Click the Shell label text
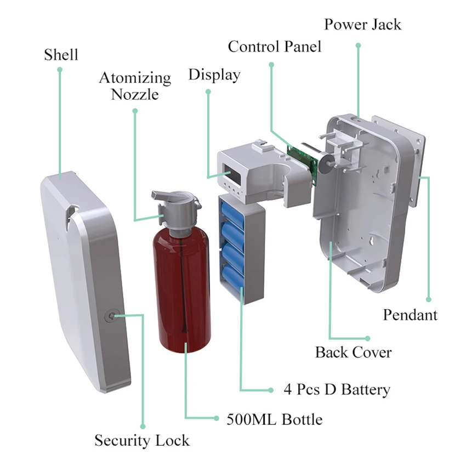pos(61,55)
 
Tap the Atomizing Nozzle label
pos(135,86)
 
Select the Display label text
pos(214,75)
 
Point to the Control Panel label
pos(275,46)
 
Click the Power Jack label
pos(362,24)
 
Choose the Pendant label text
pos(410,315)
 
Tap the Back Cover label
pos(353,351)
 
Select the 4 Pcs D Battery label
pos(337,390)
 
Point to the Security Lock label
pos(142,440)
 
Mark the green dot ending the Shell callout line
pos(60,70)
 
